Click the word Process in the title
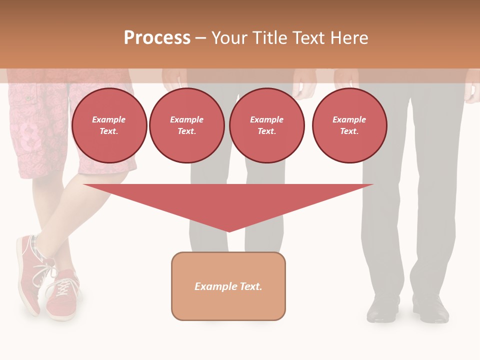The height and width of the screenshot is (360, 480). (157, 38)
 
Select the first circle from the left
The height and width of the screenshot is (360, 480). (109, 125)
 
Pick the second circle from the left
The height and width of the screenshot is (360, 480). (186, 125)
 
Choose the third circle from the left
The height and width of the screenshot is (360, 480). (266, 125)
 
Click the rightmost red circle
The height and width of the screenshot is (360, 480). (349, 125)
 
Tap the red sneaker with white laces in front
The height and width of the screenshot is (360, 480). (62, 295)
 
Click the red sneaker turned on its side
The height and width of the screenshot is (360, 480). (29, 272)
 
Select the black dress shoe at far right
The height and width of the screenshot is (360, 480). (431, 310)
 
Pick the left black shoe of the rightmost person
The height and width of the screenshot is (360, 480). (382, 310)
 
